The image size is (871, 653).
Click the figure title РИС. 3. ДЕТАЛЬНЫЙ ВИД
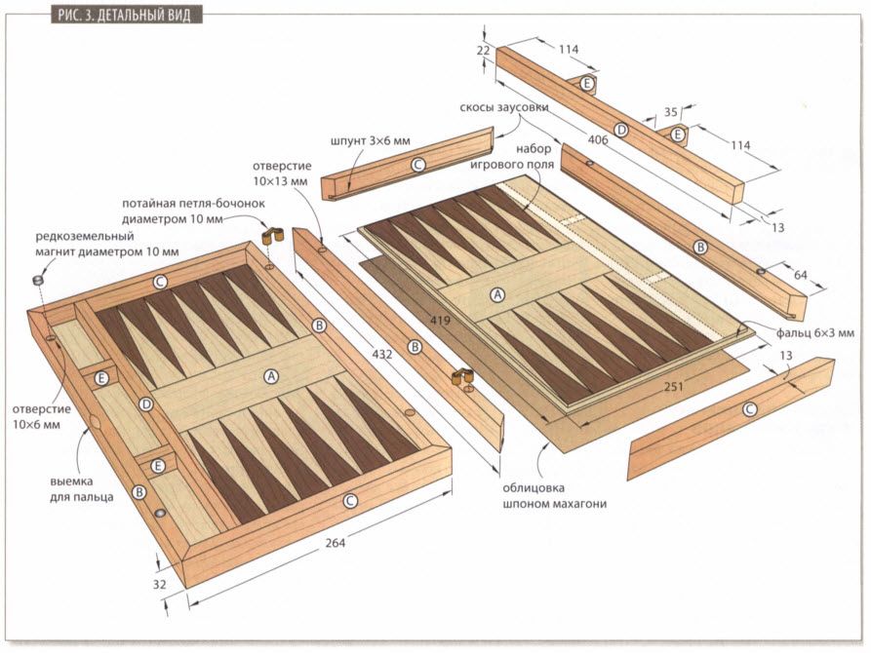pyautogui.click(x=114, y=12)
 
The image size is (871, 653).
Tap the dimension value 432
pyautogui.click(x=382, y=355)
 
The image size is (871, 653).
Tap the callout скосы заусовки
pyautogui.click(x=504, y=107)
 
